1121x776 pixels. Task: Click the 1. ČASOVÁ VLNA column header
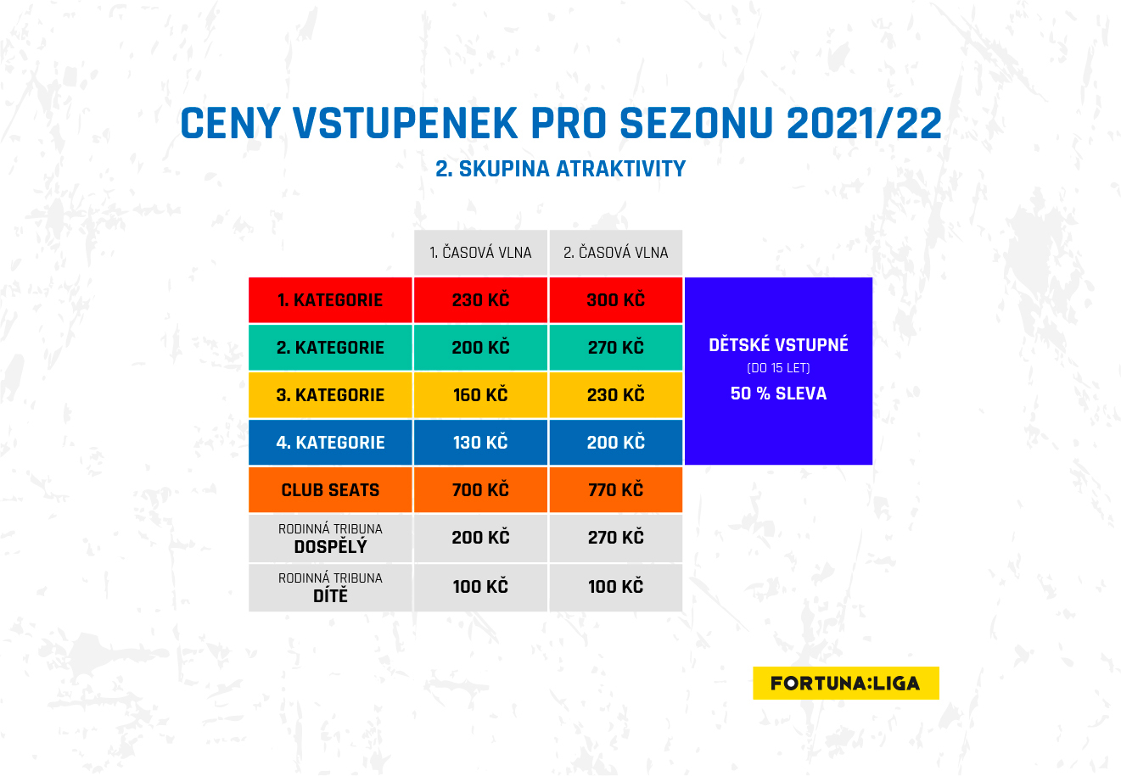pyautogui.click(x=480, y=253)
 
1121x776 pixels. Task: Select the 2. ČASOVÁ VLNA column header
pyautogui.click(x=615, y=253)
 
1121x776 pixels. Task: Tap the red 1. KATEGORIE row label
pyautogui.click(x=330, y=300)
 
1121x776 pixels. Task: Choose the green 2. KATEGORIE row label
pyautogui.click(x=330, y=348)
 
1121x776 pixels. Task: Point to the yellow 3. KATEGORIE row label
pyautogui.click(x=330, y=395)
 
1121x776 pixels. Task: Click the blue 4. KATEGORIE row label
pyautogui.click(x=330, y=443)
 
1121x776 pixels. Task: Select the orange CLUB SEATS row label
pyautogui.click(x=330, y=490)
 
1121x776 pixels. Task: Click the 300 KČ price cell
pyautogui.click(x=615, y=300)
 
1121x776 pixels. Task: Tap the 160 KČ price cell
pyautogui.click(x=480, y=395)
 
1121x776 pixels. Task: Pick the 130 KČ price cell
pyautogui.click(x=480, y=443)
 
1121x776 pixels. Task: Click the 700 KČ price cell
pyautogui.click(x=480, y=490)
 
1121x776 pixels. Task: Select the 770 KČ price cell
pyautogui.click(x=615, y=490)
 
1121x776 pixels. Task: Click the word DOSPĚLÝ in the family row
pyautogui.click(x=330, y=547)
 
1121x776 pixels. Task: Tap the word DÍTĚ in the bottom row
pyautogui.click(x=330, y=595)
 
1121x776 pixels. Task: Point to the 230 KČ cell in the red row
pyautogui.click(x=480, y=300)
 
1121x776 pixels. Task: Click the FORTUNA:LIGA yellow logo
pyautogui.click(x=846, y=683)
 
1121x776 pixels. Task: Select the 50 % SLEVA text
pyautogui.click(x=778, y=394)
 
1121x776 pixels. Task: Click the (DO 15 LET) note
pyautogui.click(x=778, y=368)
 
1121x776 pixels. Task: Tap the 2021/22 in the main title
pyautogui.click(x=864, y=123)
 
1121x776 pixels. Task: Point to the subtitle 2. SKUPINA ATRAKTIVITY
pyautogui.click(x=560, y=169)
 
